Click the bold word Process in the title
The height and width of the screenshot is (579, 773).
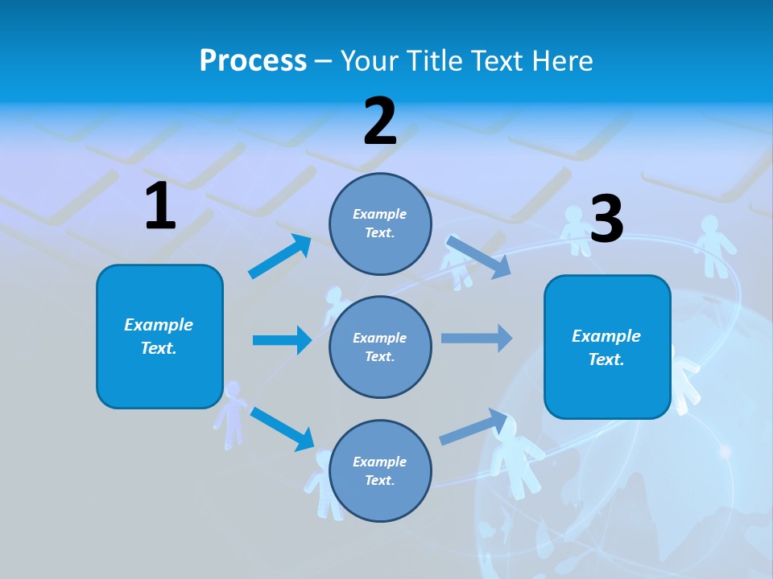coord(253,61)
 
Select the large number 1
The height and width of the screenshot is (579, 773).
coord(160,206)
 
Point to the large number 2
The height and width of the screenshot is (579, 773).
coord(380,121)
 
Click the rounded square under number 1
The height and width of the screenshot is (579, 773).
coord(159,336)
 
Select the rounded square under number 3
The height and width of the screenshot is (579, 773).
coord(607,347)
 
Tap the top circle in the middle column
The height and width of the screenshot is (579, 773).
coord(380,224)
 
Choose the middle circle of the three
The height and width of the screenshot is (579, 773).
coord(380,347)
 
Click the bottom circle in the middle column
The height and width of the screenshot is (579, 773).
coord(380,470)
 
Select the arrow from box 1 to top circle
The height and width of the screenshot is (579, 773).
coord(279,257)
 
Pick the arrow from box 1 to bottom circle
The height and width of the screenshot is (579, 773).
coord(282,429)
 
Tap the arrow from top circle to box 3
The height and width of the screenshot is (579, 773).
coord(478,257)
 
